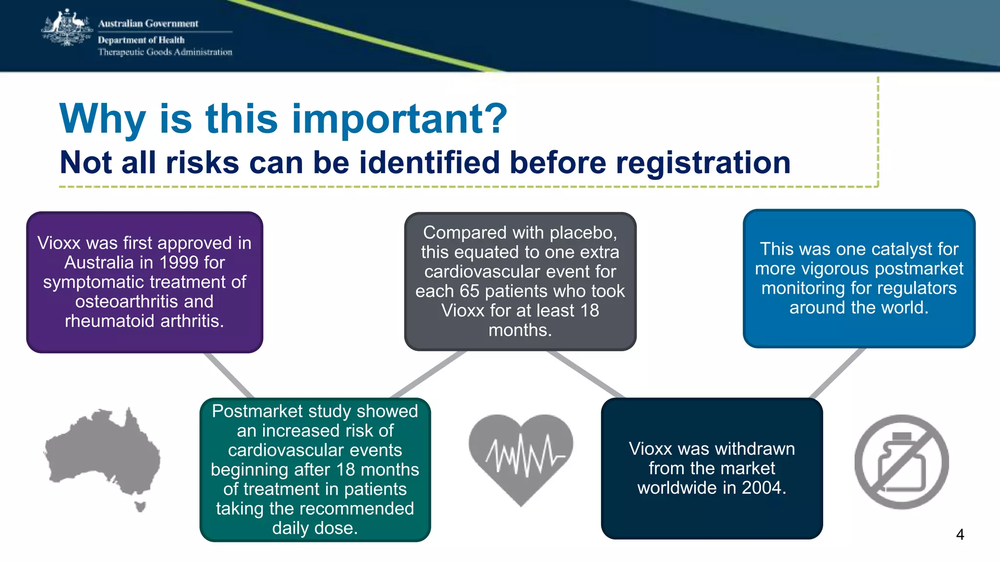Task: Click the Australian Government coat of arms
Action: (x=67, y=28)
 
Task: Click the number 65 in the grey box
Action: (x=469, y=291)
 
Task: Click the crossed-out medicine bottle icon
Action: (x=901, y=462)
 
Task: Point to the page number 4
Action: (x=959, y=535)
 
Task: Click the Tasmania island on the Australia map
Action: (x=141, y=506)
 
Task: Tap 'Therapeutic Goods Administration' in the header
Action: (x=165, y=52)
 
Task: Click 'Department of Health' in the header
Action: (x=141, y=40)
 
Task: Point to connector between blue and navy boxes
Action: (x=836, y=373)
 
